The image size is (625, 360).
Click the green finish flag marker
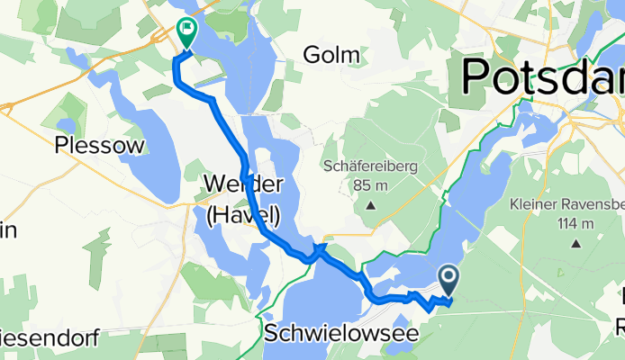(186, 32)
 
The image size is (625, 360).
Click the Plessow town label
(87, 145)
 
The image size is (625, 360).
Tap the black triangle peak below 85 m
(370, 206)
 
